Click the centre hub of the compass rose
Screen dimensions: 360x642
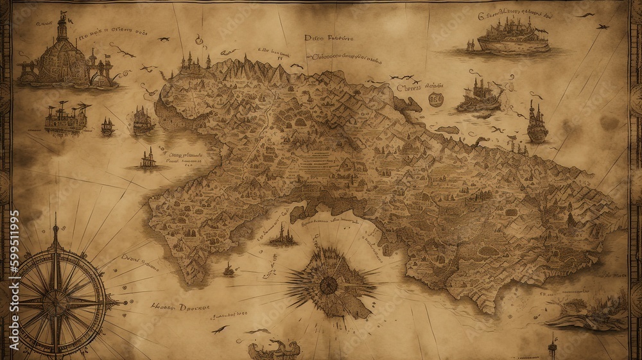coord(56,300)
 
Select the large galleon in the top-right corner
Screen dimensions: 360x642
coord(512,36)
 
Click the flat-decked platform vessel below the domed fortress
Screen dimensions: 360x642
coord(66,117)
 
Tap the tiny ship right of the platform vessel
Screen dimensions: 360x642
coord(107,127)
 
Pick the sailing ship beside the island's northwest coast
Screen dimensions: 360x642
coord(143,121)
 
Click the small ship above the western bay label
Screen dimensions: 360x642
coord(149,158)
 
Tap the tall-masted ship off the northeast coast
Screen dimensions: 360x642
coord(537,124)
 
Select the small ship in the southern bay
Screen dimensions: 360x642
coord(282,238)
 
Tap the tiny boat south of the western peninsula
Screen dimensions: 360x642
coord(229,270)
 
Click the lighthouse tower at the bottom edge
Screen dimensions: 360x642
coord(551,347)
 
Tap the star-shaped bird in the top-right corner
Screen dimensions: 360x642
coord(602,27)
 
